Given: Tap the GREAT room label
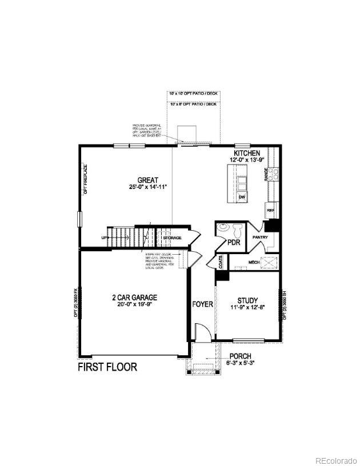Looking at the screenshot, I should [147, 180].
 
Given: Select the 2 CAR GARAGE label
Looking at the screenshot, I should [134, 297].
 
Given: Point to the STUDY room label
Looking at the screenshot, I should [247, 300].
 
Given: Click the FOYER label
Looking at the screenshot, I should [202, 304].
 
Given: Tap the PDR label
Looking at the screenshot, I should [234, 242].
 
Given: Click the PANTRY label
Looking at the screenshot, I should [261, 237].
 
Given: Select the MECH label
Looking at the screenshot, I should [254, 262].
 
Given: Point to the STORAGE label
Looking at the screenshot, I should [171, 238].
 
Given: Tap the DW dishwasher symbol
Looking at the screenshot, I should [242, 197].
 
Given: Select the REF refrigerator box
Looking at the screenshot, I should [270, 211].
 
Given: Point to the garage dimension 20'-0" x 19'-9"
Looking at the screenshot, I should [134, 304].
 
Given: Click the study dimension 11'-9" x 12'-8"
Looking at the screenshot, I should [247, 308].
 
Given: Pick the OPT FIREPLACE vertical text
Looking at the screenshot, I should [84, 180].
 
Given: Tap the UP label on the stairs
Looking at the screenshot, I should [104, 237].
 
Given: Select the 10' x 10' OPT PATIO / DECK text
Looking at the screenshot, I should [193, 93].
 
